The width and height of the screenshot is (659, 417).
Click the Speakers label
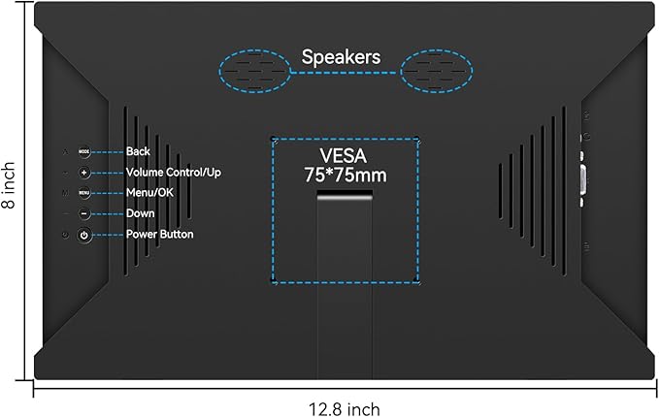pos(341,57)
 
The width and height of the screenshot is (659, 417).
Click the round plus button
pos(84,173)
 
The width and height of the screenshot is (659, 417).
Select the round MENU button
pos(84,193)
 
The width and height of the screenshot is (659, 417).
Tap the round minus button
pos(84,213)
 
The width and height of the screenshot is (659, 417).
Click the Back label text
pos(138,151)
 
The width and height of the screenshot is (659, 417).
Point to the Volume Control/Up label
pos(174,173)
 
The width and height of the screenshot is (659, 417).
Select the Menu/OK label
pos(149,193)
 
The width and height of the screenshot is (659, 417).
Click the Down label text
pos(141,213)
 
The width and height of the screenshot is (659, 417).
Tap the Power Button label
pos(160,234)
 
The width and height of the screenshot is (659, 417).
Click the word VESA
pos(344,156)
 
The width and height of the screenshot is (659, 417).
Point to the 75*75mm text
pos(346,176)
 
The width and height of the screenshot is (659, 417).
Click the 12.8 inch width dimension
pos(345,409)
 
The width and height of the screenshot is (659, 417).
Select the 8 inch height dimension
pos(9,185)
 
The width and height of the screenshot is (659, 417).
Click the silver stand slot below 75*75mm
pos(345,194)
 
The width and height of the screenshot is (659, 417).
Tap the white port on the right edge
pos(583,179)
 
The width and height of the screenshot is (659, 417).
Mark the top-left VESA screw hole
pos(273,139)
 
